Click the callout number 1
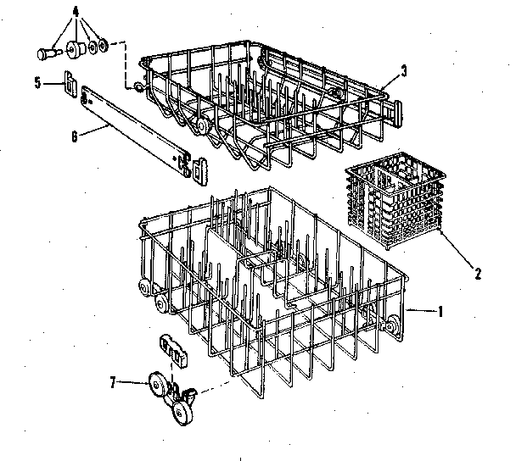coord(440,312)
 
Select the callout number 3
coord(404,70)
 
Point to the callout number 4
coord(76,12)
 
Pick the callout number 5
coord(36,82)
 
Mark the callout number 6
coord(75,135)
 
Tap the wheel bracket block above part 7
coord(172,348)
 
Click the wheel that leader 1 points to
coord(393,324)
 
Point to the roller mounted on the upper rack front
coord(203,125)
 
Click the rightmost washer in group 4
coord(103,43)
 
